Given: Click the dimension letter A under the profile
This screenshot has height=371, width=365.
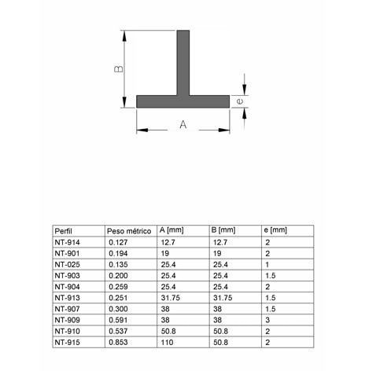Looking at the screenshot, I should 182,125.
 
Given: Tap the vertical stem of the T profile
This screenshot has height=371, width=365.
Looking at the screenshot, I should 182,63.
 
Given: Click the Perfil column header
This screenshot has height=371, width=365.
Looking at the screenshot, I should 65,231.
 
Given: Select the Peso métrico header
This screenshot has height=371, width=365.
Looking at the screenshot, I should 127,231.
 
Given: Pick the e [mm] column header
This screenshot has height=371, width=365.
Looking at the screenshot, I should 275,230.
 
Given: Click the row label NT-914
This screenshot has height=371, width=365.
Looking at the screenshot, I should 68,243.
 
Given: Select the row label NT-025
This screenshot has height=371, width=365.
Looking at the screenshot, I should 68,265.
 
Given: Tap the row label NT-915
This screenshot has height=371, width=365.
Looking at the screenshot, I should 68,343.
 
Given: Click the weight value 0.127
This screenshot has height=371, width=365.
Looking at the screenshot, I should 116,243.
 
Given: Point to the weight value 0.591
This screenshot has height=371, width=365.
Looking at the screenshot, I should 116,321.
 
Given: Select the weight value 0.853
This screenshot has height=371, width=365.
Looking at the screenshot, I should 116,343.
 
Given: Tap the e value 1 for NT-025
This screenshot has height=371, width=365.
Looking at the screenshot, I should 267,265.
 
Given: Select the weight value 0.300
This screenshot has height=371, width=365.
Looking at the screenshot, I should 116,310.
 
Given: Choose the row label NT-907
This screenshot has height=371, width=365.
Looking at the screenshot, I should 68,310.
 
